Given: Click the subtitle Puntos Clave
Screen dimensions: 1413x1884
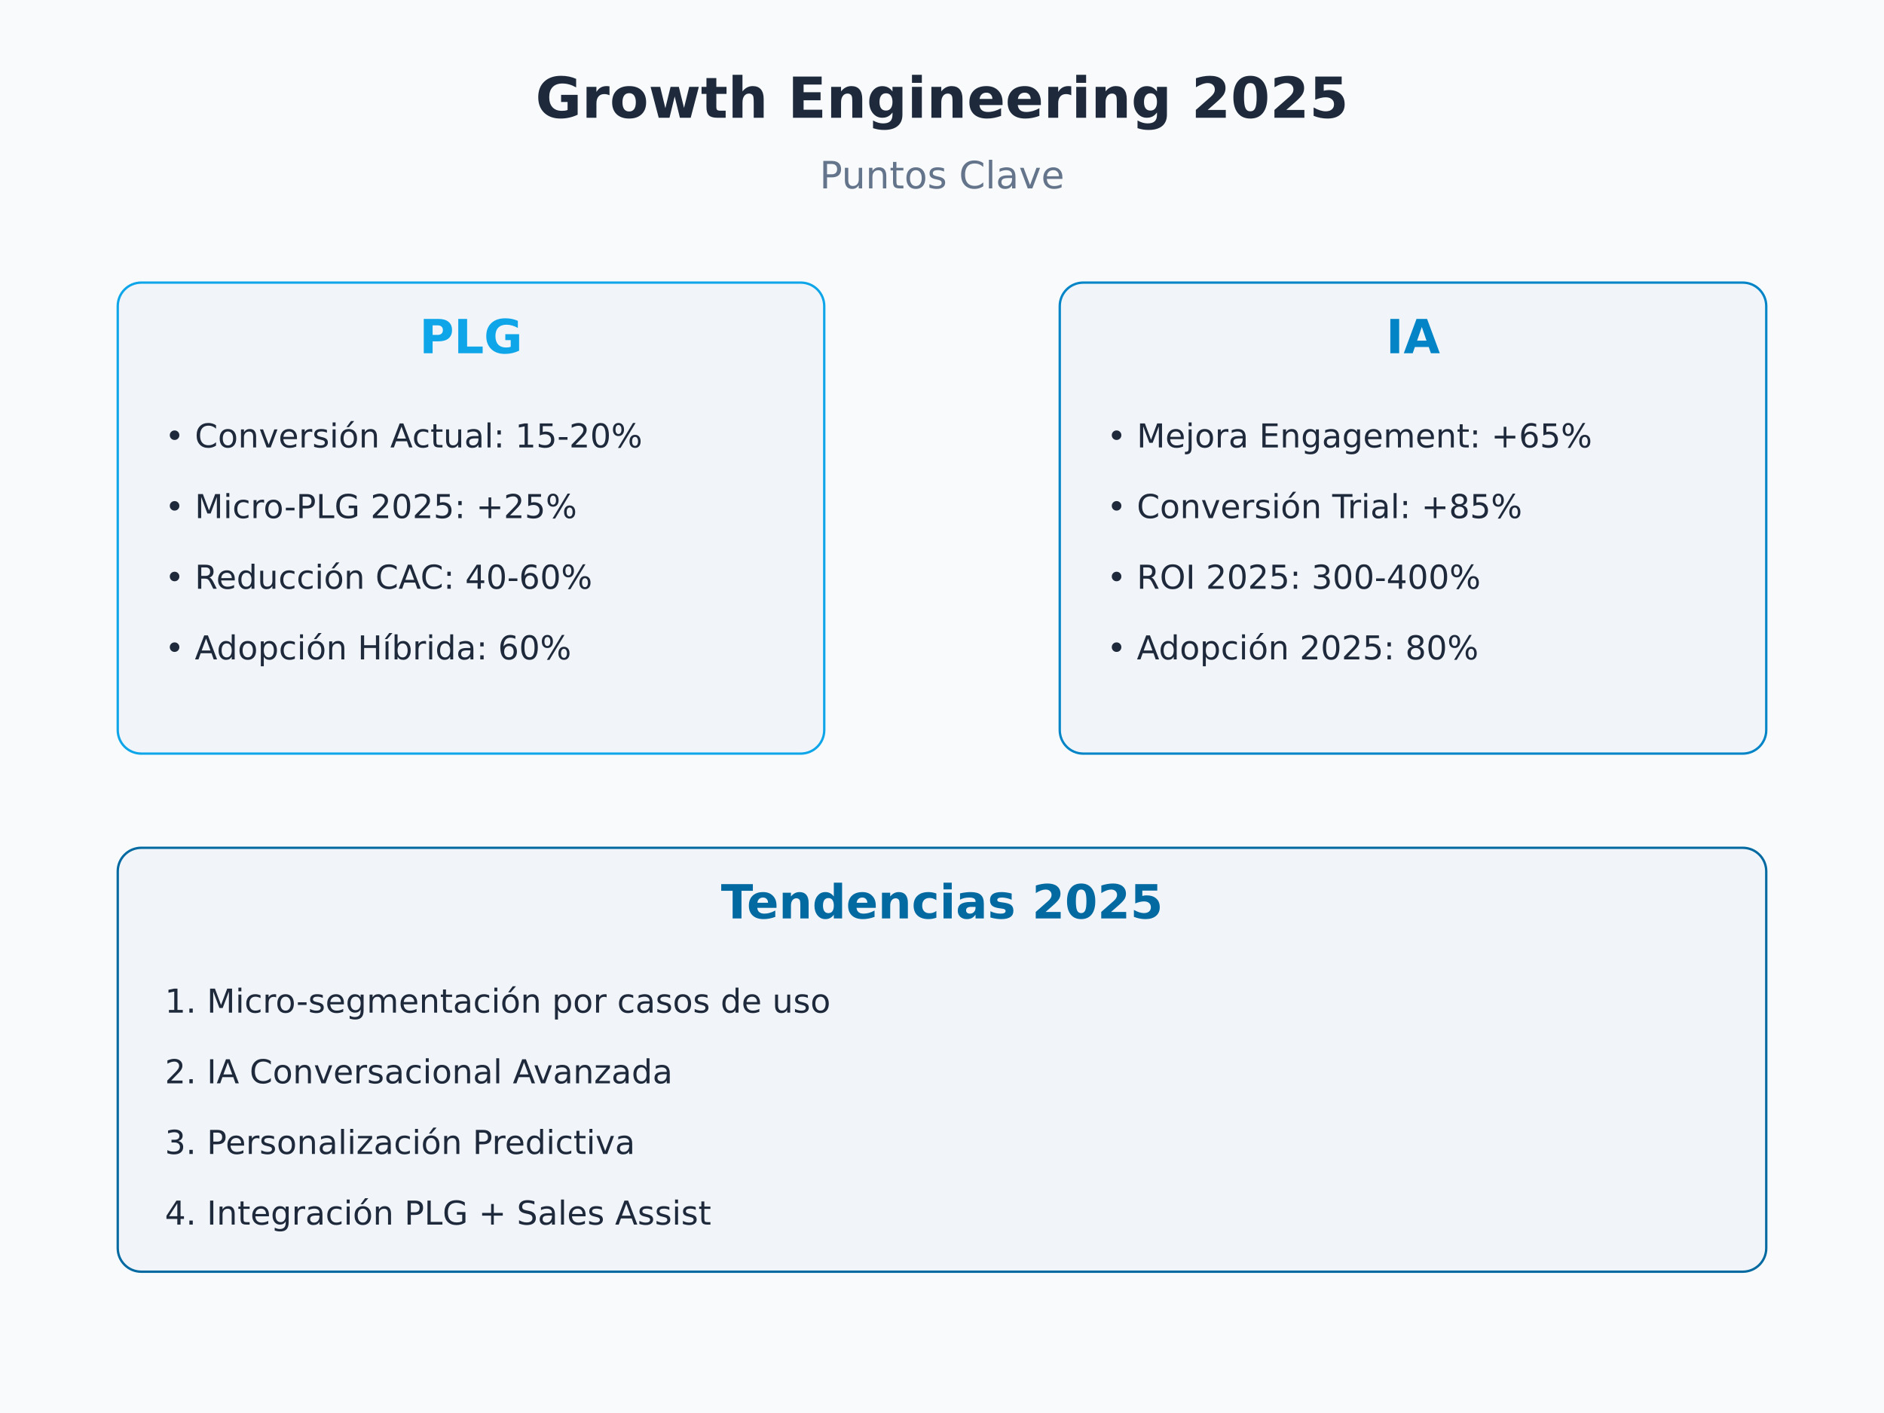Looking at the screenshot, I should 941,176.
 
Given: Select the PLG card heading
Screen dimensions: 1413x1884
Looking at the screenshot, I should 471,338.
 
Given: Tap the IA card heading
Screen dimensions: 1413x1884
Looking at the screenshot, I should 1413,338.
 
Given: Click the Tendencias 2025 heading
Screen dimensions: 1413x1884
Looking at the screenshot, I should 941,904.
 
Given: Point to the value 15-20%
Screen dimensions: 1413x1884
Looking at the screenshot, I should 578,437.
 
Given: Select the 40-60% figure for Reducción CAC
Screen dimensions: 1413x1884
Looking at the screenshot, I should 528,578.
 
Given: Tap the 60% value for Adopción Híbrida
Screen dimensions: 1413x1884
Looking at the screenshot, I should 534,649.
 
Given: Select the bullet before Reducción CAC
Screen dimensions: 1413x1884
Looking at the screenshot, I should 174,578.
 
